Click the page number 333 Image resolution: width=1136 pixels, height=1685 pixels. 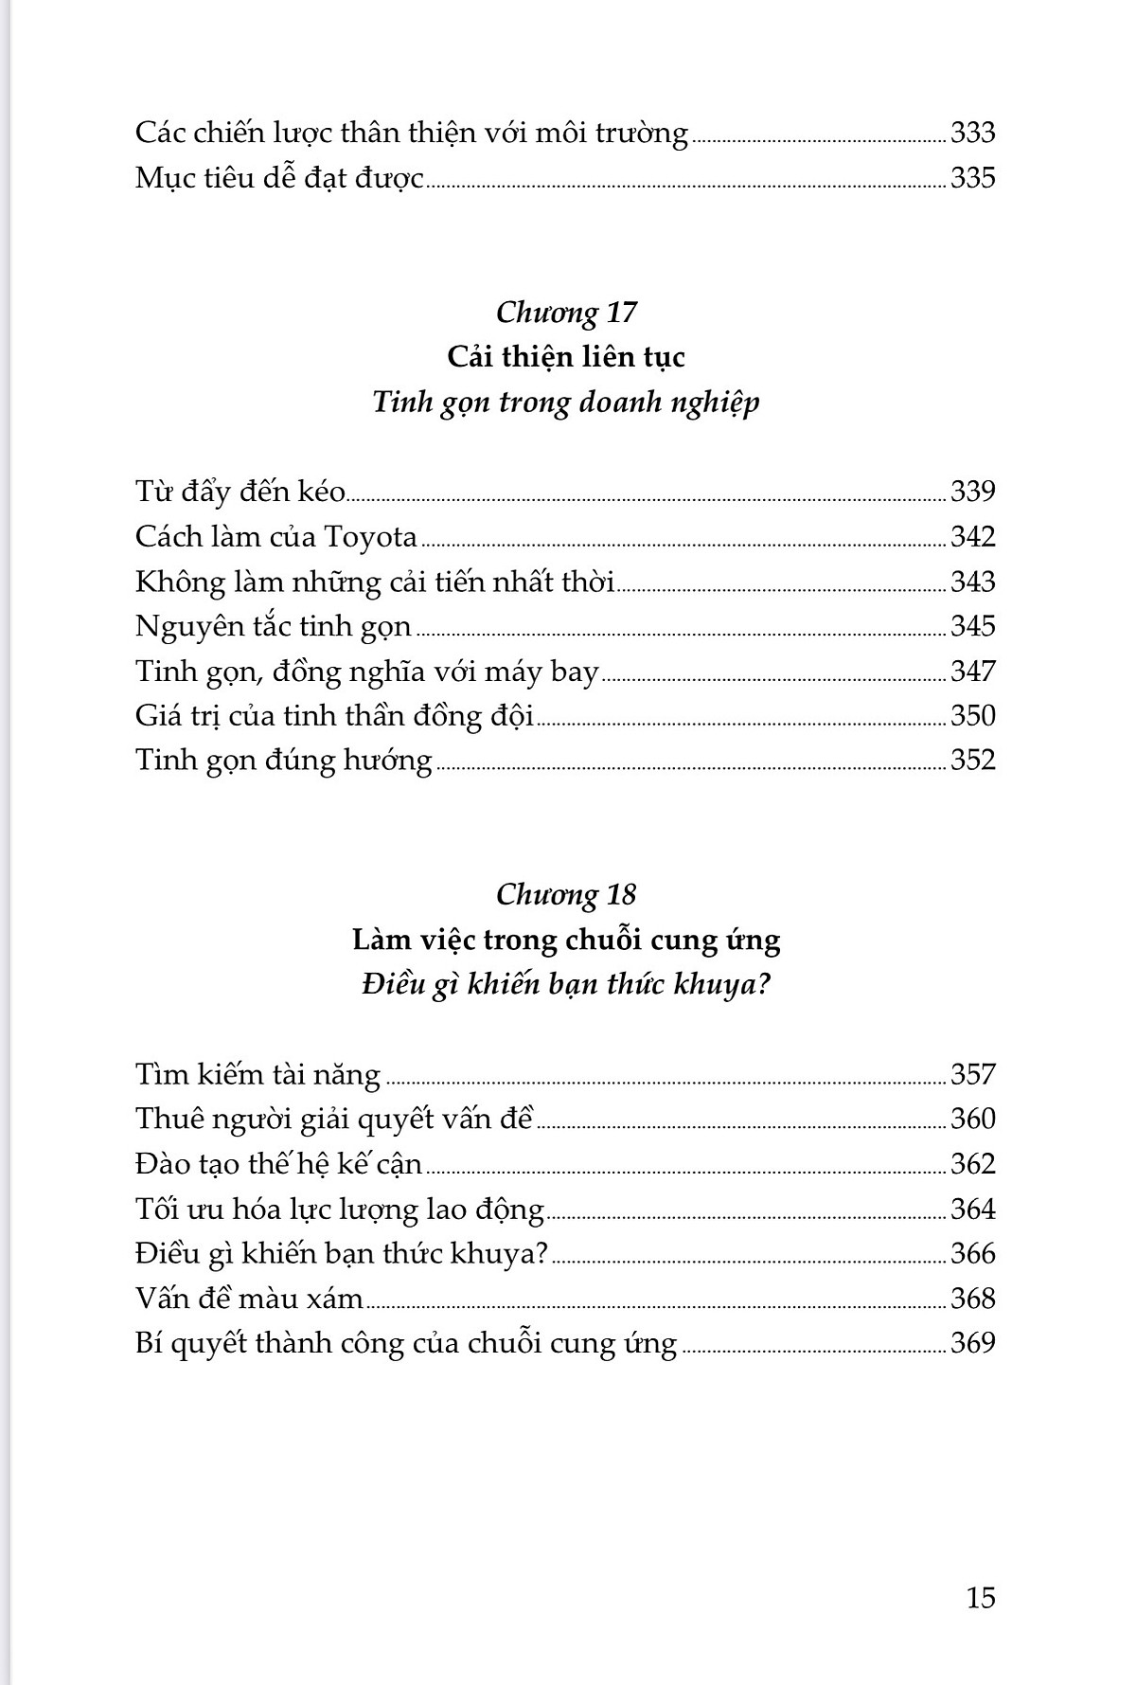pos(972,133)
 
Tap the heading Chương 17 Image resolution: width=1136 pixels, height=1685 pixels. pos(565,312)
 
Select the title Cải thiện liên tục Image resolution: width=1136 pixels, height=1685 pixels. pos(565,357)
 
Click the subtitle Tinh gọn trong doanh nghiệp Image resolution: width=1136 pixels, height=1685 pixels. pos(565,403)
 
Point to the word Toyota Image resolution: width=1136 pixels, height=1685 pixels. pos(370,537)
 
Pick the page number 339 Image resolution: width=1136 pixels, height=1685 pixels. pos(972,492)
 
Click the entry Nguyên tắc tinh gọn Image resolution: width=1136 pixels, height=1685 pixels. pos(273,627)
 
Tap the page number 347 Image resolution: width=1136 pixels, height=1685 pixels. pos(972,672)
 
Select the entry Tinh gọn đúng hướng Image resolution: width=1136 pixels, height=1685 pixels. pos(283,761)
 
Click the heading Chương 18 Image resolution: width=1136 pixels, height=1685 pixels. pos(565,894)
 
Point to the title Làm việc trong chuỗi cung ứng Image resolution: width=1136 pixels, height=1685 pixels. pos(565,940)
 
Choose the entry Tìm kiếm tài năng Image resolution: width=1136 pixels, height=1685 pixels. pos(257,1075)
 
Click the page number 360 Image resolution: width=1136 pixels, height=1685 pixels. pos(972,1120)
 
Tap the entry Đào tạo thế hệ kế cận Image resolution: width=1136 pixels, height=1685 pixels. pos(278,1164)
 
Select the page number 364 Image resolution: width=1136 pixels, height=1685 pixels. pos(972,1210)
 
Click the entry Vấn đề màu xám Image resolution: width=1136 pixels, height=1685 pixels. pos(249,1299)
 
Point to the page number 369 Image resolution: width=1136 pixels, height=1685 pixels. pos(972,1343)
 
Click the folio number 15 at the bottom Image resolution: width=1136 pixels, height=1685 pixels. pos(981,1598)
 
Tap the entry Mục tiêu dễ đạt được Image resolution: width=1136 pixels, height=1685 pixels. pos(279,178)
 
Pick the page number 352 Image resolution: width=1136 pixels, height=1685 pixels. pos(972,761)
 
